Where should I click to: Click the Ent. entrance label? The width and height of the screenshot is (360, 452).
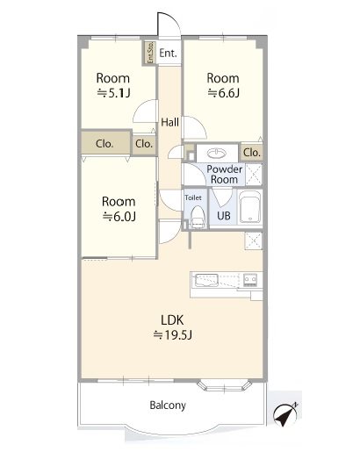pyautogui.click(x=168, y=54)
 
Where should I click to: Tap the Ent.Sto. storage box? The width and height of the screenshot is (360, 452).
pyautogui.click(x=149, y=53)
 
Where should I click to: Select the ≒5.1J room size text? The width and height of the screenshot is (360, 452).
pyautogui.click(x=113, y=93)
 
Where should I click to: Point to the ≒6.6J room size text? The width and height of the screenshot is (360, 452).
pyautogui.click(x=224, y=93)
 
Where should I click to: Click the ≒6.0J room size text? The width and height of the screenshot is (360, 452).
pyautogui.click(x=119, y=217)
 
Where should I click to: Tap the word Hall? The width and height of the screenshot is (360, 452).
pyautogui.click(x=169, y=122)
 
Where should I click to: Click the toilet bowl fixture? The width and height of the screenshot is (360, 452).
pyautogui.click(x=198, y=217)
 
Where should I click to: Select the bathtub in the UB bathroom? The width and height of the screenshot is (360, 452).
pyautogui.click(x=250, y=207)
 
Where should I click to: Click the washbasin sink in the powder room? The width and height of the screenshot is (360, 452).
pyautogui.click(x=217, y=153)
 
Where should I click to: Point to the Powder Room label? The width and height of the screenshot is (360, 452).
pyautogui.click(x=225, y=175)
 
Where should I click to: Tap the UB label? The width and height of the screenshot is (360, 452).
pyautogui.click(x=224, y=216)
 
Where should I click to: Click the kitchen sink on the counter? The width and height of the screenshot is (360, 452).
pyautogui.click(x=206, y=280)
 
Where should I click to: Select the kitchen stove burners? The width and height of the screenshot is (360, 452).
pyautogui.click(x=250, y=279)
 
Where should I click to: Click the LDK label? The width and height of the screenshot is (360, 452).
pyautogui.click(x=172, y=320)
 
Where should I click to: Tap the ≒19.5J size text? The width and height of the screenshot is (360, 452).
pyautogui.click(x=173, y=335)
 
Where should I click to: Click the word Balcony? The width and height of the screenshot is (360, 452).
pyautogui.click(x=168, y=405)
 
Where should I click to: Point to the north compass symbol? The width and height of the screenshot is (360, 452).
pyautogui.click(x=284, y=414)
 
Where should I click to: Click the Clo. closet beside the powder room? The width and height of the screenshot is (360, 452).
pyautogui.click(x=251, y=153)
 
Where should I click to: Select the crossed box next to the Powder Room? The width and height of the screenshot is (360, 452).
pyautogui.click(x=254, y=175)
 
